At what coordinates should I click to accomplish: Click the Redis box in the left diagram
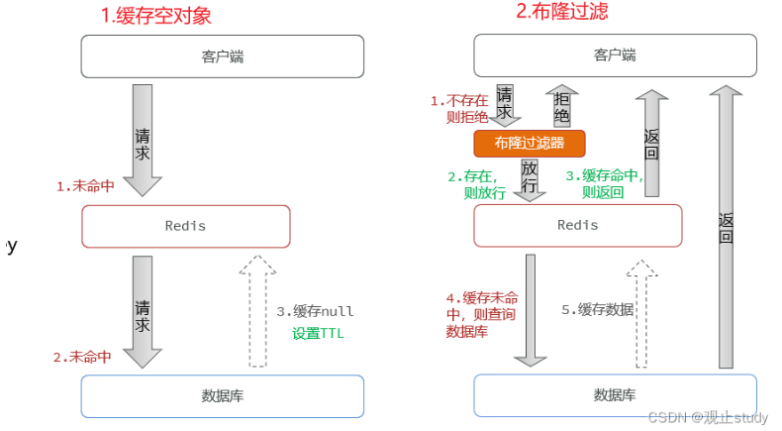pos(185,226)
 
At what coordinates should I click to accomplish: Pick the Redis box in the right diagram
pos(577,225)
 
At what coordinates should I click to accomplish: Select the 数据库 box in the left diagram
pos(222,396)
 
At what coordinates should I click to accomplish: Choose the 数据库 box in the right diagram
pos(615,394)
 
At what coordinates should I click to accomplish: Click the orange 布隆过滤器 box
pos(529,144)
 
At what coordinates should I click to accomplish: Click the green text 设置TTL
pos(318,334)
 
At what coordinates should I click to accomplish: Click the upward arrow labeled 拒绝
pos(561,107)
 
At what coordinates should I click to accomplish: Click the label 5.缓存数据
pos(598,309)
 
